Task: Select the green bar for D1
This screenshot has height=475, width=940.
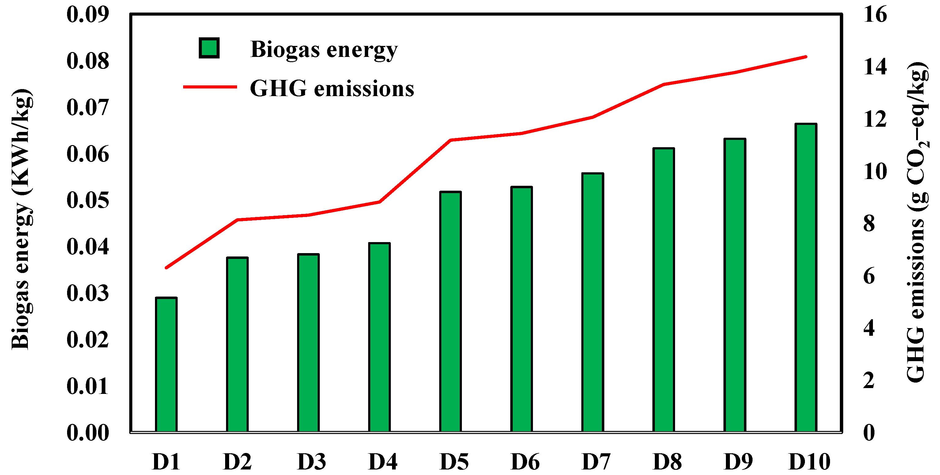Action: [x=166, y=365]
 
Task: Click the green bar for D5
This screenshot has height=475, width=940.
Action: [x=450, y=312]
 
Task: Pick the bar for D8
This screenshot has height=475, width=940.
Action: [x=663, y=290]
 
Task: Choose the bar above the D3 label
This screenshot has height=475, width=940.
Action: [x=308, y=343]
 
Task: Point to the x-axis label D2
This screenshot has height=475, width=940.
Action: [x=237, y=462]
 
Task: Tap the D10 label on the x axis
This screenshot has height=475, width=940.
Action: [x=809, y=462]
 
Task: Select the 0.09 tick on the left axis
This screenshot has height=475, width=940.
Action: [x=88, y=15]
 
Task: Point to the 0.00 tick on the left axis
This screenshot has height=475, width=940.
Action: [x=88, y=433]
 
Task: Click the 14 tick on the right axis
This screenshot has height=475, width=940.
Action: [x=875, y=67]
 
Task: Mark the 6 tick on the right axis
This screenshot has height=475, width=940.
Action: [x=869, y=276]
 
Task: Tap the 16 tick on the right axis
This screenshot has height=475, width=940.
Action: [x=875, y=15]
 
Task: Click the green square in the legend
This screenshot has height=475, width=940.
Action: [x=209, y=48]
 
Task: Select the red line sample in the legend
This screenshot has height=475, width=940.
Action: [x=210, y=87]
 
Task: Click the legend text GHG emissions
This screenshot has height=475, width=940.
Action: [x=332, y=88]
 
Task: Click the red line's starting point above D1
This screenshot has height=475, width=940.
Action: [x=166, y=267]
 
